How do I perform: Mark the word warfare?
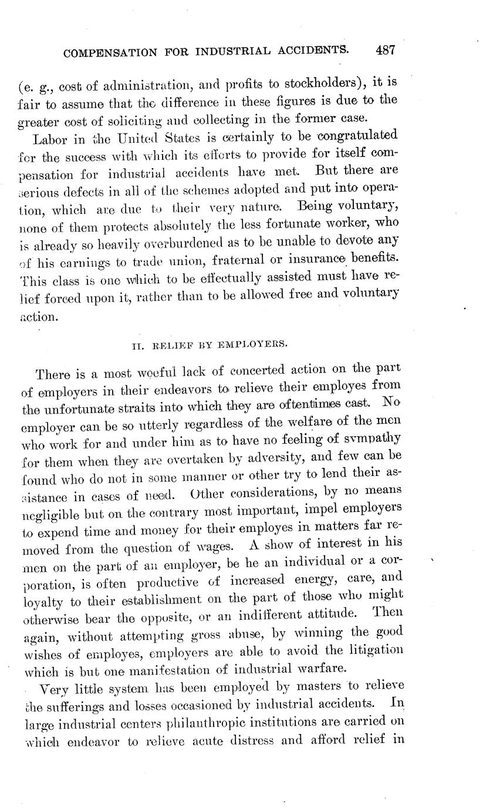tap(322, 668)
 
